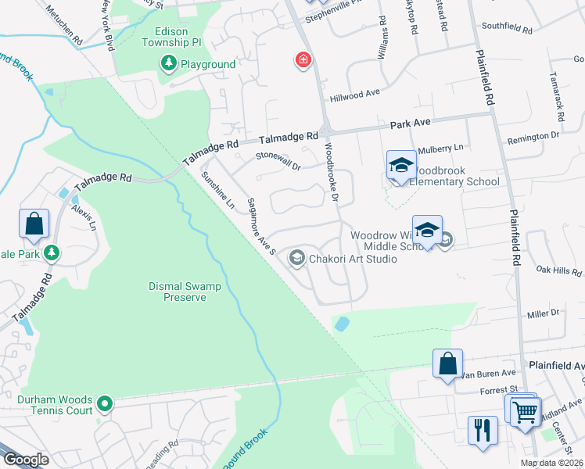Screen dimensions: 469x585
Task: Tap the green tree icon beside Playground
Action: pos(167,63)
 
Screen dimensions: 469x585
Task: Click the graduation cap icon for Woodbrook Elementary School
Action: pos(401,165)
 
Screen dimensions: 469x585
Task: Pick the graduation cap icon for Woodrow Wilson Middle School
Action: pos(428,230)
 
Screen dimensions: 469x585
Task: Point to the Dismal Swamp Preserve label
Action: pos(185,292)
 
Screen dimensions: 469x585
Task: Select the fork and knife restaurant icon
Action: pos(483,429)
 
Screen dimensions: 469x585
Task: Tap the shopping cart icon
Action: pos(526,410)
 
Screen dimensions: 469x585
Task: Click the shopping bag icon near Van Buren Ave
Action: pos(447,363)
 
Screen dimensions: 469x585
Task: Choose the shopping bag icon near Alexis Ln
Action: pos(34,224)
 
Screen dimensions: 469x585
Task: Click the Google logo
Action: pos(27,460)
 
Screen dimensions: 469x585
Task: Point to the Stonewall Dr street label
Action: pos(279,160)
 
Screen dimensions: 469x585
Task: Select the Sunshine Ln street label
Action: pos(218,191)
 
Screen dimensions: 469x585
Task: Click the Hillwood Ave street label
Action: pos(354,94)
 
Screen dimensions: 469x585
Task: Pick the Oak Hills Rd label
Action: pos(558,270)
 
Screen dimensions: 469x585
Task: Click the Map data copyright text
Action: pos(551,463)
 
